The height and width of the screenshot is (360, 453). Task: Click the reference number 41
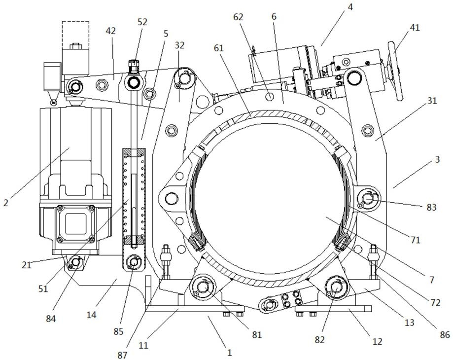414,28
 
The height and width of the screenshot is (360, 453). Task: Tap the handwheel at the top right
394,72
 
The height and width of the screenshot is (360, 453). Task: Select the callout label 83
431,207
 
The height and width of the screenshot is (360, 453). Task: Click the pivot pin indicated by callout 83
368,199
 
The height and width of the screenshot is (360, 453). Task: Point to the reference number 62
239,17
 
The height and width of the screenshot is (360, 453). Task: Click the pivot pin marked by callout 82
336,287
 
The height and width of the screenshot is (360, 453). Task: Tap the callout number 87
122,355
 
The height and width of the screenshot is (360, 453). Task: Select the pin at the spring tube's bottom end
133,262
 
